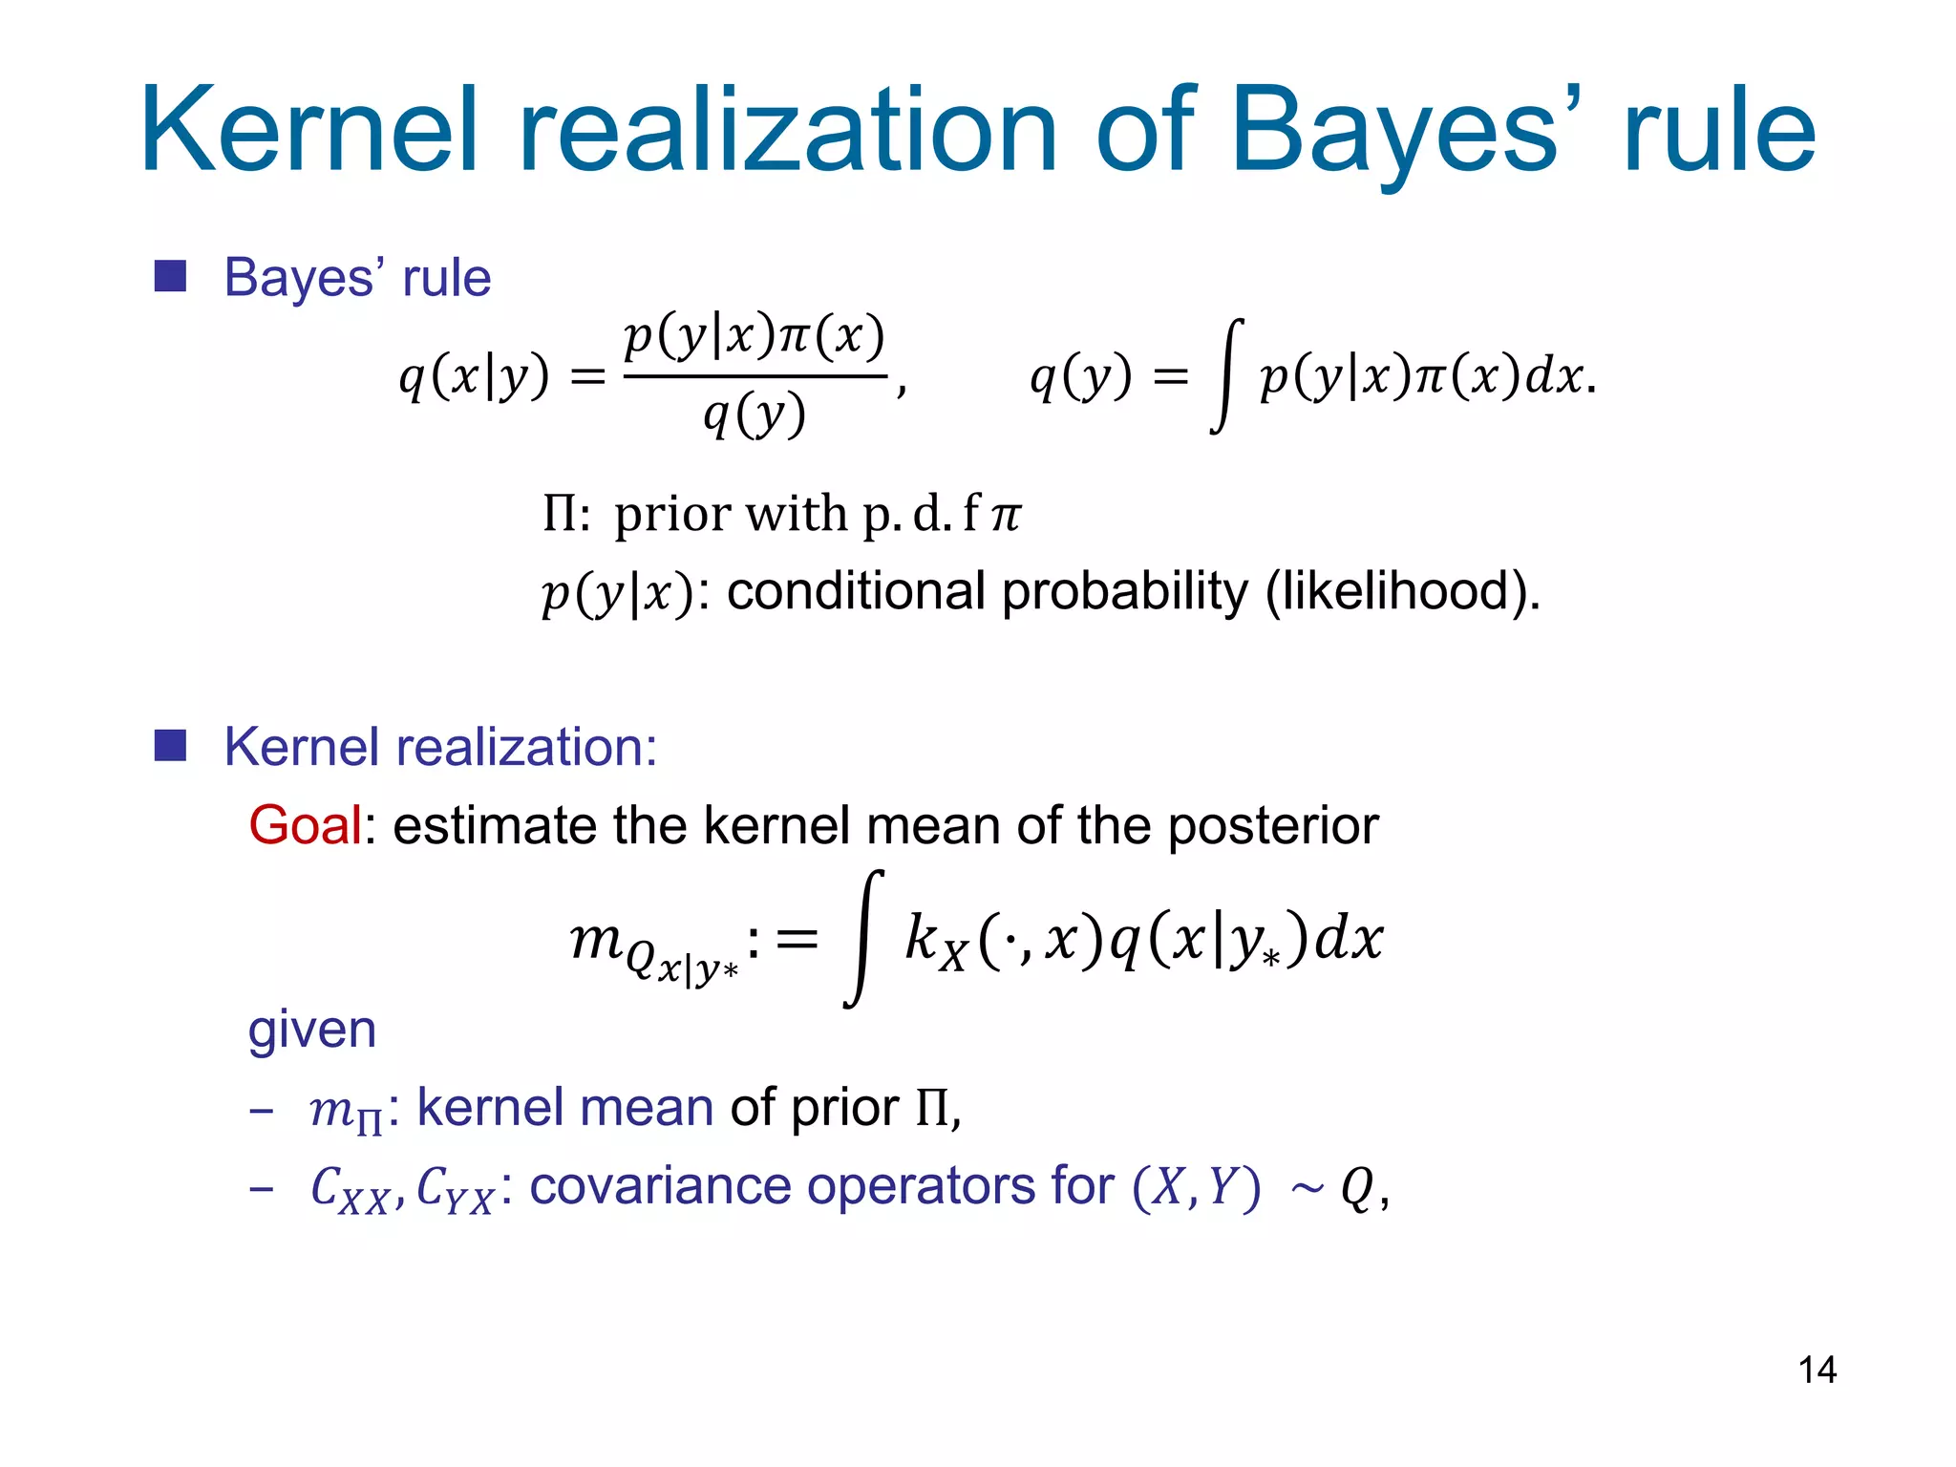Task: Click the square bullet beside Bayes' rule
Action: point(170,277)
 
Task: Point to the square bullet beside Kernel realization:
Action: point(170,746)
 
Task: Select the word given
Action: point(312,1030)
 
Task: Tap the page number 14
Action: point(1817,1370)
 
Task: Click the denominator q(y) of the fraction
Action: point(755,415)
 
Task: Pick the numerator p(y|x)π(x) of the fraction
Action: point(755,336)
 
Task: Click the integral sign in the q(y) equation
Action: point(1227,375)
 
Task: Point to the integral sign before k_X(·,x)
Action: point(863,938)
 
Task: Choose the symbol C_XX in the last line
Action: point(350,1189)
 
